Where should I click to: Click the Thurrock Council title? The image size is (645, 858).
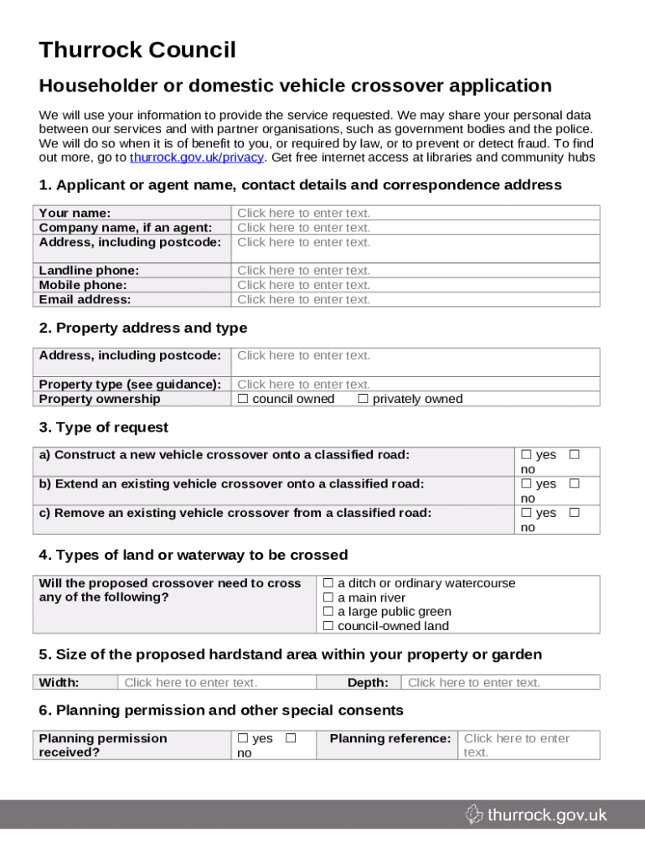click(x=137, y=50)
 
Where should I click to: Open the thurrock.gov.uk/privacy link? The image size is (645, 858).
click(x=196, y=158)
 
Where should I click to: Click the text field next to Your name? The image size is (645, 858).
click(x=303, y=214)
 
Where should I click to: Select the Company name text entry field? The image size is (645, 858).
click(x=303, y=228)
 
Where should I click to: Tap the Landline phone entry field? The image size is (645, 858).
click(x=303, y=271)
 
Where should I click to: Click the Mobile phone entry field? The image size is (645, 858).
click(x=303, y=285)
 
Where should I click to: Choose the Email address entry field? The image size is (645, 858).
click(x=303, y=299)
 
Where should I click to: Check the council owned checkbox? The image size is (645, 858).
click(x=243, y=399)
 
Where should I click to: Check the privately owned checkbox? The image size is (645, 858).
click(x=363, y=399)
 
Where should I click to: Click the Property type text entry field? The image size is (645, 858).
click(x=303, y=385)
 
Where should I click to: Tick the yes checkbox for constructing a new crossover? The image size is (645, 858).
click(x=526, y=455)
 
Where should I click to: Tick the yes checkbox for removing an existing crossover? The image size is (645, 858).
click(x=526, y=513)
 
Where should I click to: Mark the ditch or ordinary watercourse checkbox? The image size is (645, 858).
click(x=328, y=583)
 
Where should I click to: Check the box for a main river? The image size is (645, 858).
click(x=328, y=597)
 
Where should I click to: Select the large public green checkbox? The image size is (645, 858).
click(x=328, y=612)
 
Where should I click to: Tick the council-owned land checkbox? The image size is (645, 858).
click(x=328, y=626)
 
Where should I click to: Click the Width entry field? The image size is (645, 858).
click(x=191, y=683)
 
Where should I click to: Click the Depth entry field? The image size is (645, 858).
click(x=474, y=683)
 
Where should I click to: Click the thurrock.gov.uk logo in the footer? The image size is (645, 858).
click(x=536, y=814)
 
